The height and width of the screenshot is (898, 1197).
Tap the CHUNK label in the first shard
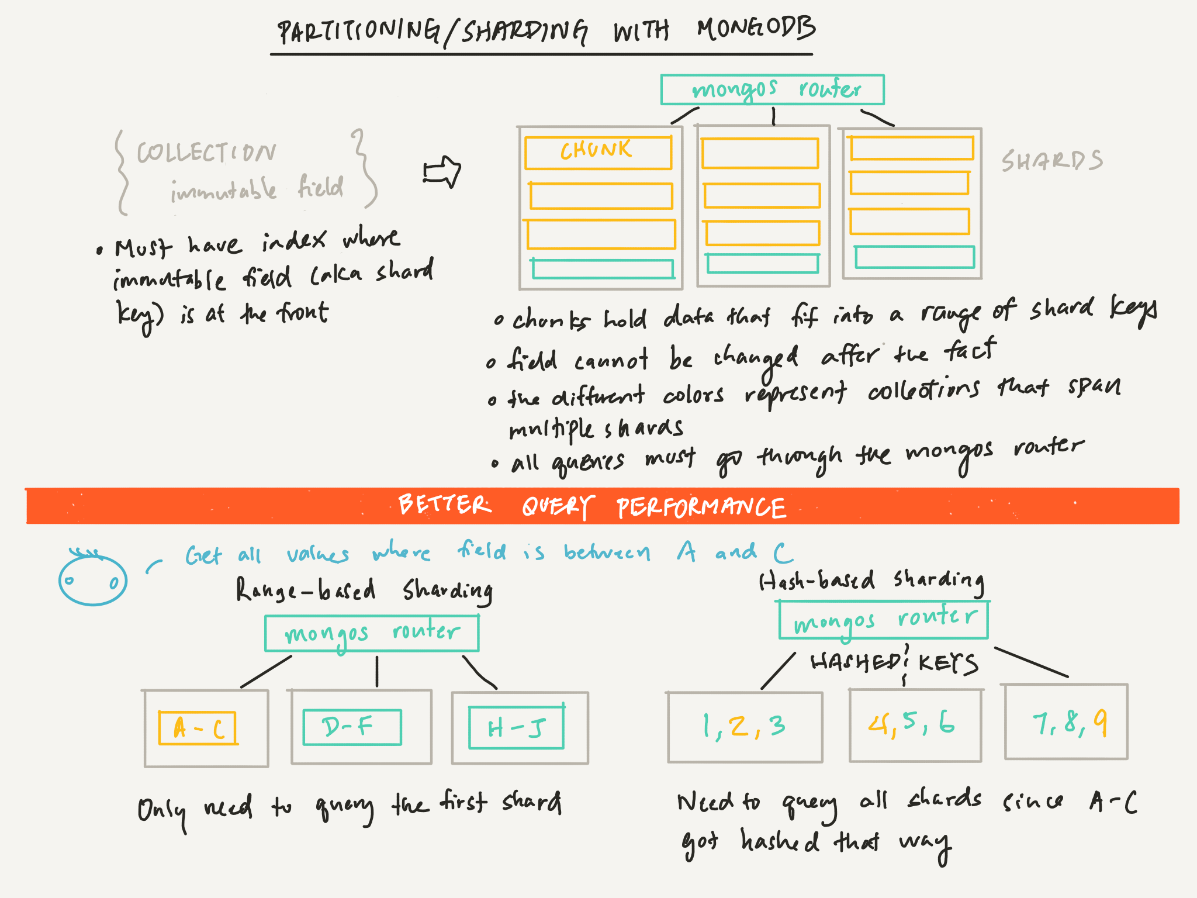[596, 151]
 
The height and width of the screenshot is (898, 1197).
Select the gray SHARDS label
[1052, 161]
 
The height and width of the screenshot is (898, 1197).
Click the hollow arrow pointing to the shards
[442, 172]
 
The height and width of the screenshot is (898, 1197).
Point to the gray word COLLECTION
[206, 153]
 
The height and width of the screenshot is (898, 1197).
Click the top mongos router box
[772, 89]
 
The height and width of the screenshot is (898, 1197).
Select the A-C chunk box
[198, 728]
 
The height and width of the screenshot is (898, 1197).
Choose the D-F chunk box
[352, 727]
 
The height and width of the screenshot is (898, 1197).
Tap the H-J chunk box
[517, 727]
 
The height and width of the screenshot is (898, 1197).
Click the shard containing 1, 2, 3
[745, 727]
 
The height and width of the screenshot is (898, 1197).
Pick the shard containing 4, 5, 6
[915, 725]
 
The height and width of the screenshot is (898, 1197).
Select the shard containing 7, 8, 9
[1066, 722]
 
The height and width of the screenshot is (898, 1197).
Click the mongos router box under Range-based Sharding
[372, 633]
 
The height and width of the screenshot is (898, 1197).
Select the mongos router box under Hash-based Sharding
[884, 620]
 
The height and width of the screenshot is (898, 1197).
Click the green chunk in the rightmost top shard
[915, 257]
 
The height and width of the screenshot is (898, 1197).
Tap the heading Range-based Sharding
[364, 590]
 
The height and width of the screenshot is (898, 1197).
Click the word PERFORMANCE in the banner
[701, 507]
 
